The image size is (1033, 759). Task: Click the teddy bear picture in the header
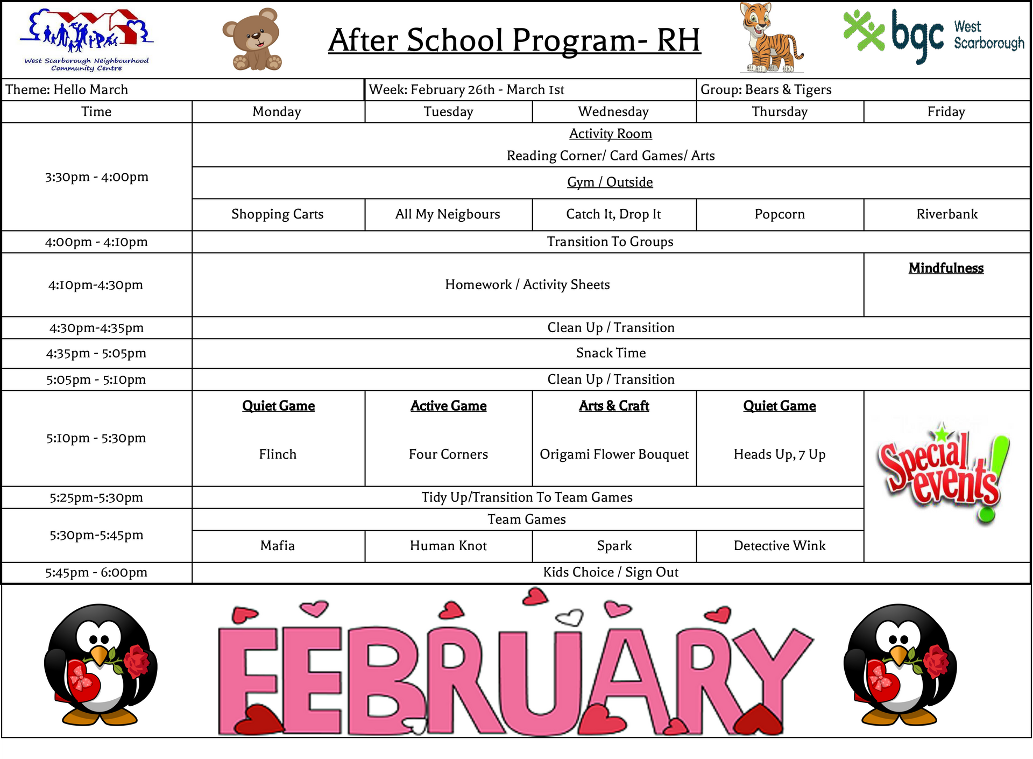click(253, 40)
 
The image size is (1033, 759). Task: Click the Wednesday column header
click(613, 112)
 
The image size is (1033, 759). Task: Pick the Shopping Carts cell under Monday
click(278, 214)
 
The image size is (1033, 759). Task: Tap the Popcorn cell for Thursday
click(780, 214)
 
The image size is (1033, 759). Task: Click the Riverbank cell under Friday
click(947, 214)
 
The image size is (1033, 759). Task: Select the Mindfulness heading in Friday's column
click(946, 268)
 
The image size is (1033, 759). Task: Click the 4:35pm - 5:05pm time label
click(96, 354)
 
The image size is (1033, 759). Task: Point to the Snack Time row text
click(611, 353)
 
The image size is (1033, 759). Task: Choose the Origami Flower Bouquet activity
click(614, 454)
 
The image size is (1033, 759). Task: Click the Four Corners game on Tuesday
click(448, 454)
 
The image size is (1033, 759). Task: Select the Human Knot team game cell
click(448, 546)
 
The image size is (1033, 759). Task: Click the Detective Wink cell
click(780, 546)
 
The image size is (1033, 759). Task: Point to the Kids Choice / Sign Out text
click(611, 572)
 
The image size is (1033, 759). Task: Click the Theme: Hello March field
click(67, 90)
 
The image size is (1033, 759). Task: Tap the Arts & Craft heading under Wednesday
click(614, 406)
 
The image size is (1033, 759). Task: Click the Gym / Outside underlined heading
click(610, 182)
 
